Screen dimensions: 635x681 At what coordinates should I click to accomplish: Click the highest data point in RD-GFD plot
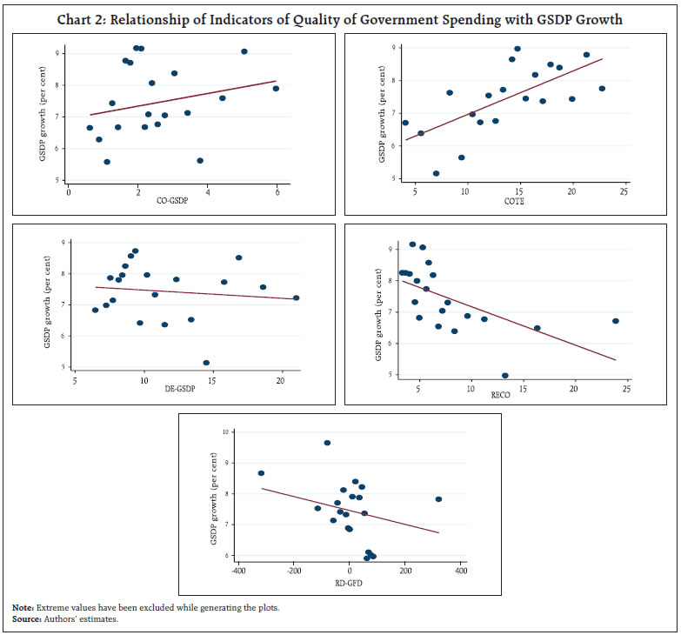tap(327, 443)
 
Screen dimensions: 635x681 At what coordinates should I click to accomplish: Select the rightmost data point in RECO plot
tap(616, 321)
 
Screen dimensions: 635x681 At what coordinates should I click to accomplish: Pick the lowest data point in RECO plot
tap(505, 376)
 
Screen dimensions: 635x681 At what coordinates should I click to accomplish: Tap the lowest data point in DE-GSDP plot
tap(206, 363)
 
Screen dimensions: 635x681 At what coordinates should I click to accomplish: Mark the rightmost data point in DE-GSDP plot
tap(296, 297)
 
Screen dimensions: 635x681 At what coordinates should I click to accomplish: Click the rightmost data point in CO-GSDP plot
tap(276, 88)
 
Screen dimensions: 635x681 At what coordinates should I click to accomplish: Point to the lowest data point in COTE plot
tap(436, 173)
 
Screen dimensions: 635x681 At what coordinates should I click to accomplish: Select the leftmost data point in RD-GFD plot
tap(261, 473)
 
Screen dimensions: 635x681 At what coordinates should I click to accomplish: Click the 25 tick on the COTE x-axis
tap(624, 191)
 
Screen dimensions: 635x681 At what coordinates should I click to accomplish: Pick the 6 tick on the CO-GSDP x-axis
tap(277, 192)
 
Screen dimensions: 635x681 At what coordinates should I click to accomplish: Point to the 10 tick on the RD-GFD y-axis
tap(224, 431)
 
